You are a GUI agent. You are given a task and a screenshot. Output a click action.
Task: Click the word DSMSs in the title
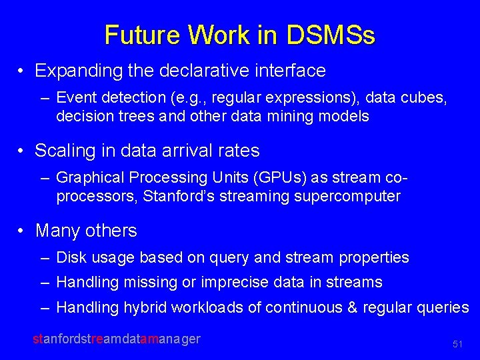click(x=331, y=35)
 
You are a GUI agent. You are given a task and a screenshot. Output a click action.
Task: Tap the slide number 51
click(x=457, y=344)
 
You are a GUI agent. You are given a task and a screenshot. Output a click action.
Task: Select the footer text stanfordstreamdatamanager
click(x=117, y=339)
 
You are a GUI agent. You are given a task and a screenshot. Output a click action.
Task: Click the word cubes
click(x=427, y=97)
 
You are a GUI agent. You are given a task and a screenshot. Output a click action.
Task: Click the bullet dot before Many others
click(x=22, y=231)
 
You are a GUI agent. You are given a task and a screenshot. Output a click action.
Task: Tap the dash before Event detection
click(x=45, y=97)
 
